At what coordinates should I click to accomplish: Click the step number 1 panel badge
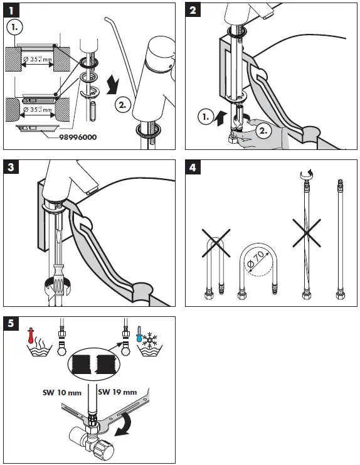pyautogui.click(x=11, y=11)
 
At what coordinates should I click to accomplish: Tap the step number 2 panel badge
pyautogui.click(x=193, y=11)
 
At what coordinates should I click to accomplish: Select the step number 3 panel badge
pyautogui.click(x=11, y=168)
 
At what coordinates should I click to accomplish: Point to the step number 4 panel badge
pyautogui.click(x=193, y=168)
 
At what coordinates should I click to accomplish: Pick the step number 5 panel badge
pyautogui.click(x=11, y=324)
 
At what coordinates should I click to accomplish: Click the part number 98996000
pyautogui.click(x=78, y=137)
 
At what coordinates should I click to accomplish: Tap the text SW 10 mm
pyautogui.click(x=62, y=393)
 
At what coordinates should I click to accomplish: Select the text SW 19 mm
pyautogui.click(x=118, y=392)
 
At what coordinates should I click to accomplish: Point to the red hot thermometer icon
pyautogui.click(x=30, y=335)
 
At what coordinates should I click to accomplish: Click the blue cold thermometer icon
pyautogui.click(x=139, y=334)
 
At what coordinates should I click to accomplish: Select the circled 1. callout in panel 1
pyautogui.click(x=14, y=27)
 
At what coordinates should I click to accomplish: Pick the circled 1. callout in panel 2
pyautogui.click(x=206, y=117)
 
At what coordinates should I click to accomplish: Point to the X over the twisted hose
pyautogui.click(x=307, y=233)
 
